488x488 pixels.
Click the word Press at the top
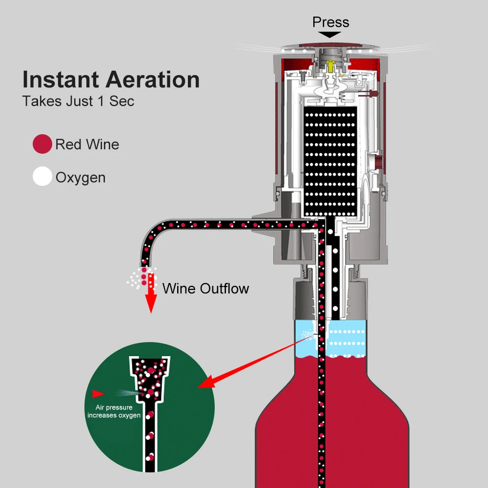(x=330, y=22)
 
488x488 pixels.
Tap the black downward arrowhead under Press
(x=330, y=35)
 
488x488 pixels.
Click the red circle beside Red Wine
(x=42, y=144)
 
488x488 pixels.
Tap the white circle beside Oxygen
(x=42, y=177)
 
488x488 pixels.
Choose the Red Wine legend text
(x=87, y=144)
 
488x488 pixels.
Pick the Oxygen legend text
(x=80, y=177)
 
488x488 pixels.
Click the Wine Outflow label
(x=205, y=288)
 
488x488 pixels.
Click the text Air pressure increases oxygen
(x=114, y=411)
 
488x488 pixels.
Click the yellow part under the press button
(x=330, y=64)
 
